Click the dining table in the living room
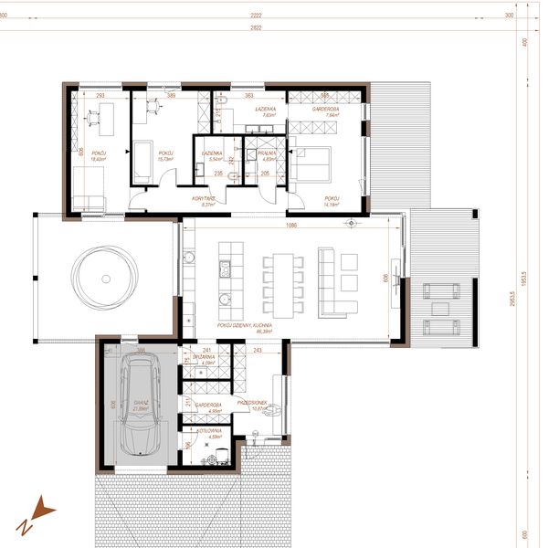[281, 280]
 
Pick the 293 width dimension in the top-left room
[100, 95]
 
